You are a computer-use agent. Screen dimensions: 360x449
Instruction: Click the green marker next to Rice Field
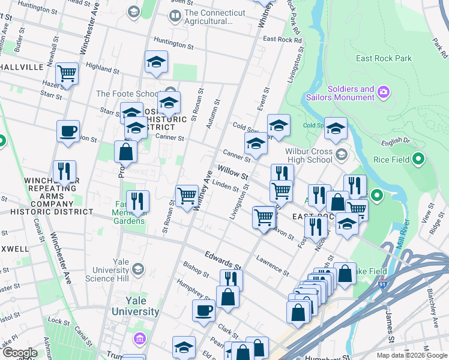tap(419, 160)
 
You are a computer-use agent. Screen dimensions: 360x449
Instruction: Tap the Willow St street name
tap(233, 174)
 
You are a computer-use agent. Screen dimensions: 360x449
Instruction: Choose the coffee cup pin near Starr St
tap(68, 131)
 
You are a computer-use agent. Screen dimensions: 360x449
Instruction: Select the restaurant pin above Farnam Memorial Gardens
tap(138, 201)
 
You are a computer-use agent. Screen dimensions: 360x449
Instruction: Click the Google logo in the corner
tap(20, 353)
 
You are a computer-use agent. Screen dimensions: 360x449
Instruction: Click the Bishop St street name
tap(196, 266)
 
